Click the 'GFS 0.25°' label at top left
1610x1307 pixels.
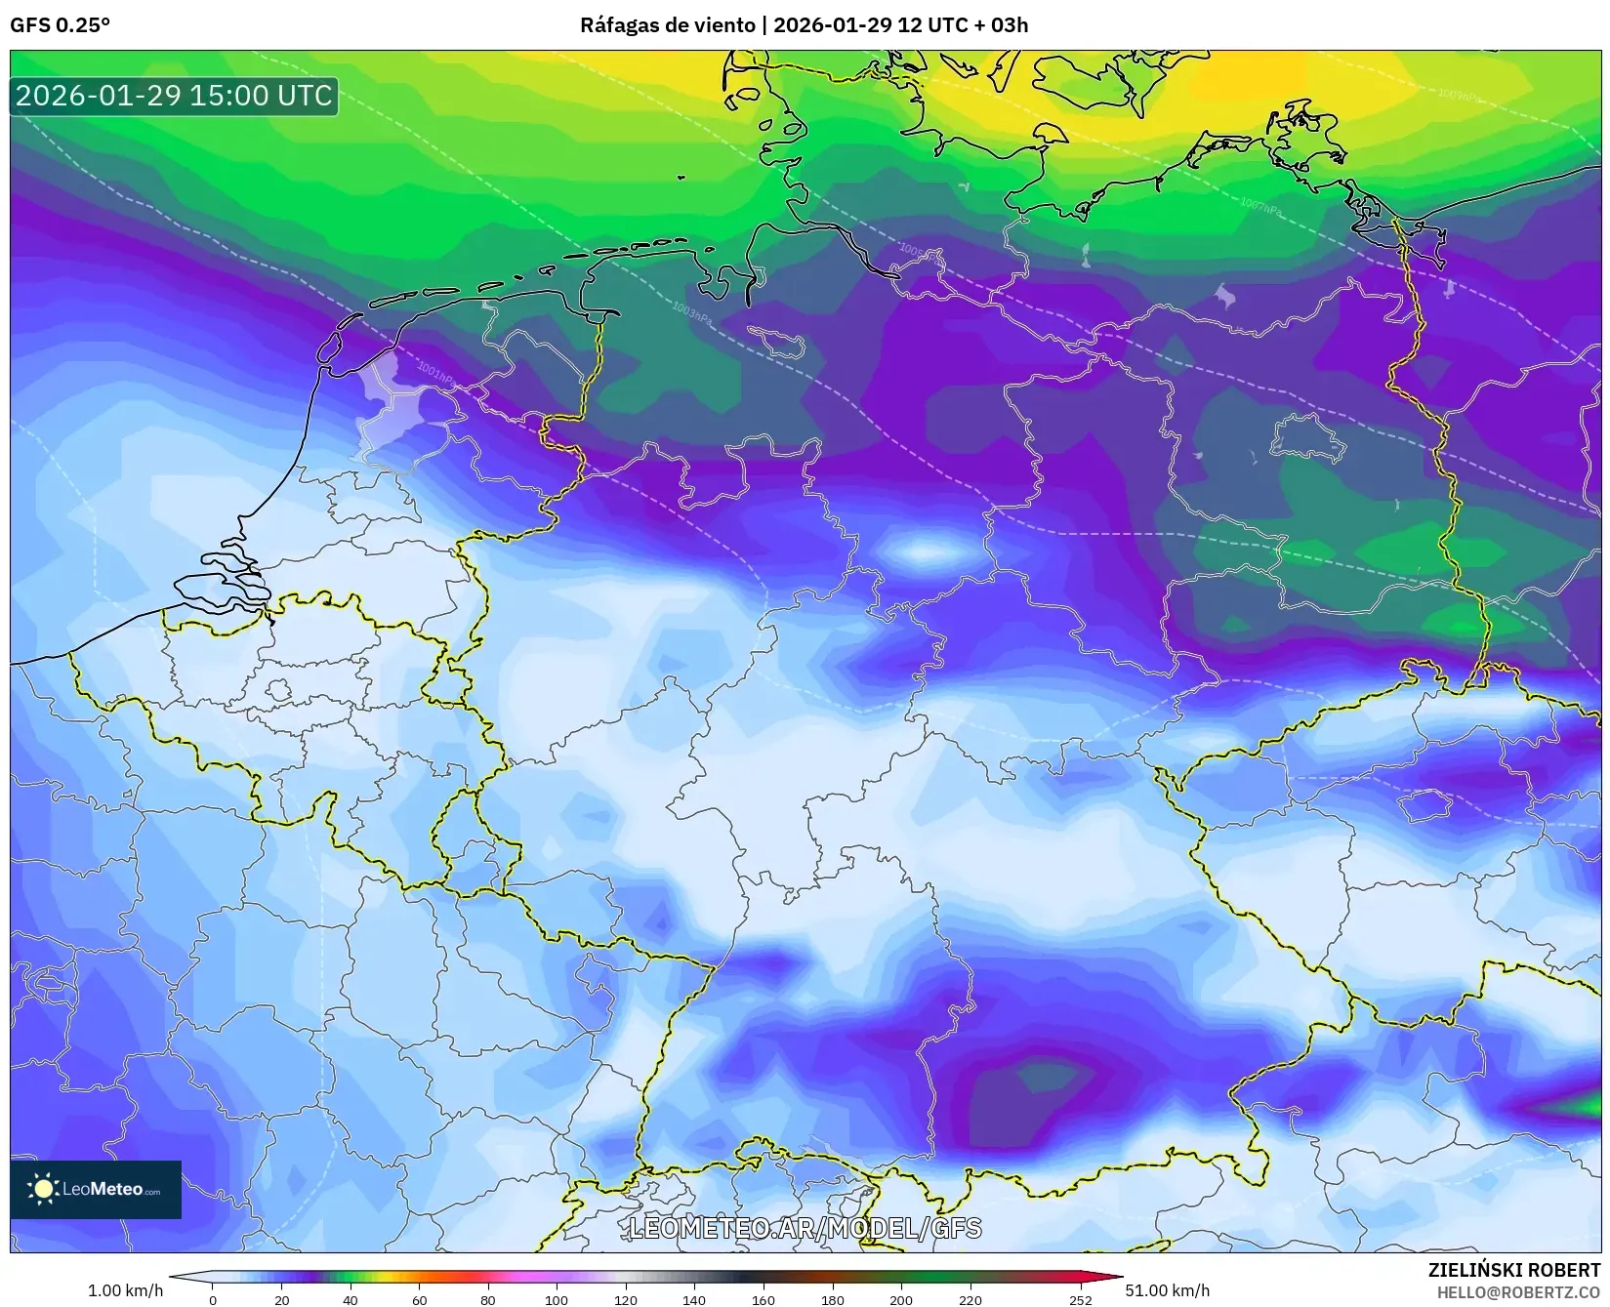(60, 25)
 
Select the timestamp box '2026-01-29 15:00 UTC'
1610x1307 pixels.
(174, 96)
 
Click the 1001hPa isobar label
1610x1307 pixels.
(436, 373)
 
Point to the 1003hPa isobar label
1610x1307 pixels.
(691, 313)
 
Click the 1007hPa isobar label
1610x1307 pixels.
(1261, 206)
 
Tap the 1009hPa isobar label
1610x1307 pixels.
(1458, 95)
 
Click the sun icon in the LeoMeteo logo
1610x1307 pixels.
(43, 1189)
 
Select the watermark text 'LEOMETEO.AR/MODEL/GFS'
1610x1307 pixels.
(805, 1228)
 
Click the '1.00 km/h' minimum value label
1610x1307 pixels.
(125, 1290)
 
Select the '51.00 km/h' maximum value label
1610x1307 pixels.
(1167, 1290)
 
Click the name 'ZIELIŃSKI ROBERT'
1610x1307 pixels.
(1514, 1270)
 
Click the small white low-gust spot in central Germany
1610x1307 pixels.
(923, 552)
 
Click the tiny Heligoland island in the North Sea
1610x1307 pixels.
(681, 178)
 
